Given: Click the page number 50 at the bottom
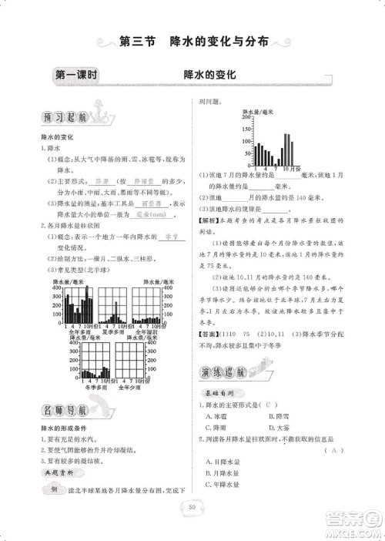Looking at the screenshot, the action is [192, 506].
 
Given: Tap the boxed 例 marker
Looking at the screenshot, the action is [53, 490].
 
